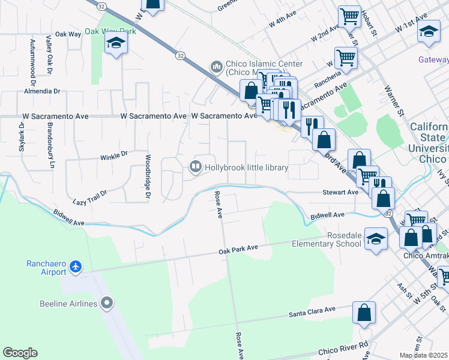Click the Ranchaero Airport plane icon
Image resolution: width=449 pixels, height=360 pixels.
pos(76,266)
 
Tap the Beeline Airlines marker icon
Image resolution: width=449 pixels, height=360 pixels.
pos(107,303)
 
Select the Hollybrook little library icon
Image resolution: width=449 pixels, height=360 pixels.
pos(196,167)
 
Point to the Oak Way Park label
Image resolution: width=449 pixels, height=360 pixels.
pos(110,31)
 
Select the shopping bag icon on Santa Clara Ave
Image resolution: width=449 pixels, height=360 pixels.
pos(364,313)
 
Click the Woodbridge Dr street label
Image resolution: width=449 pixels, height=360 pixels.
pos(146,176)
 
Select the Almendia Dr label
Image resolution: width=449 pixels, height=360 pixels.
pos(42,92)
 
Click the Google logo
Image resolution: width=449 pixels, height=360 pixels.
pos(20,353)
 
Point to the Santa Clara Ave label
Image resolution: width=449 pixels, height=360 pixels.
pos(312,311)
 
